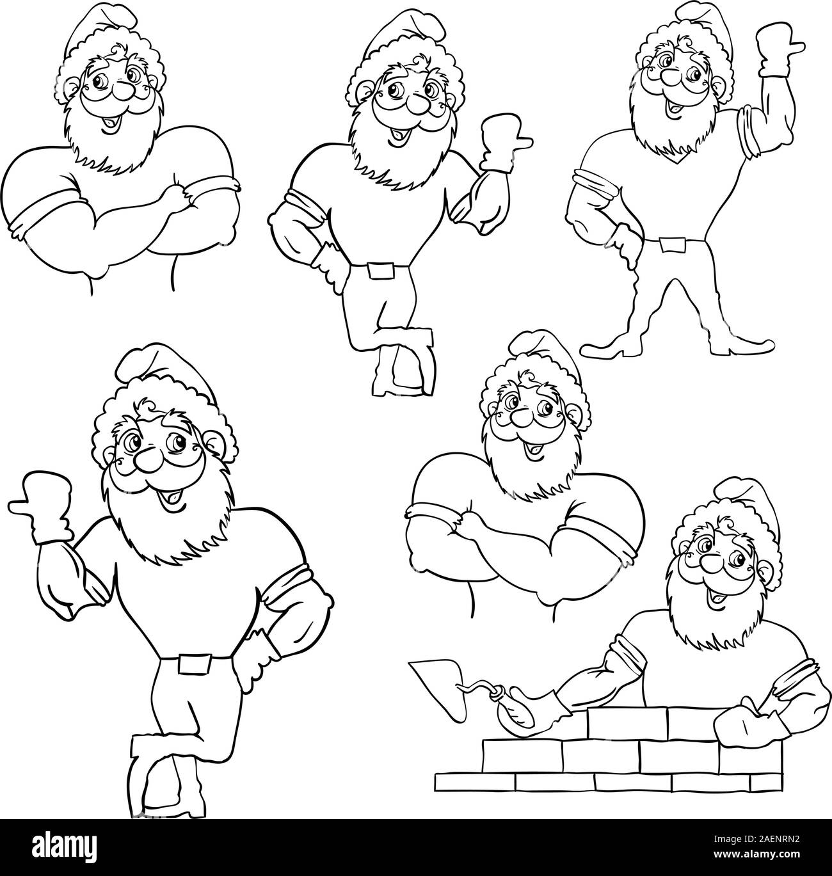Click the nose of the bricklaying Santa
pos(709,564)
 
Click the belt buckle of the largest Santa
pos(193,664)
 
